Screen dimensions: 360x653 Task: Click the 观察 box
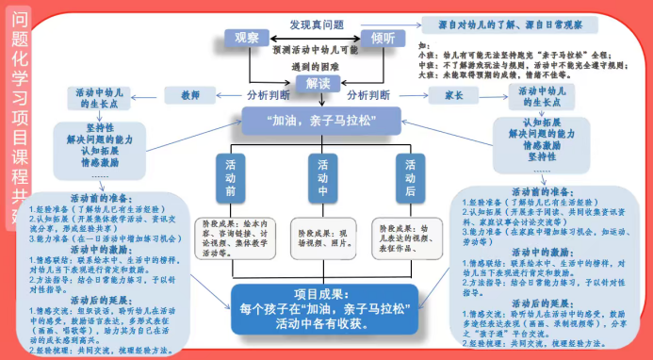pyautogui.click(x=247, y=38)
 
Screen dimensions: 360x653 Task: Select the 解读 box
pyautogui.click(x=314, y=84)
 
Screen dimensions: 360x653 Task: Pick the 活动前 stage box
pyautogui.click(x=231, y=178)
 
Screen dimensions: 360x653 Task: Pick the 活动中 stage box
pyautogui.click(x=321, y=178)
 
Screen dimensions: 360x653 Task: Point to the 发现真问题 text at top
pyautogui.click(x=317, y=23)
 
